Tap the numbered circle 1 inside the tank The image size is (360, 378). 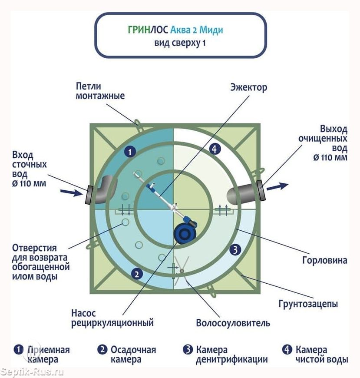130,152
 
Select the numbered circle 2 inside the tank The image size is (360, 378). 137,274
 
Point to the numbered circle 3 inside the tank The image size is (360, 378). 235,250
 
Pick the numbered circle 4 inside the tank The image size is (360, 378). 215,149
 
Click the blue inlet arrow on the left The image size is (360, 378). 72,192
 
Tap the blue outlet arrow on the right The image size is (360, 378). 277,186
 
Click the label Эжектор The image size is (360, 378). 249,87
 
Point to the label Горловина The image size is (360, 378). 324,260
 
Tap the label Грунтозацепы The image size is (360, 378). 308,304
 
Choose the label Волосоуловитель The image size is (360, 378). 233,323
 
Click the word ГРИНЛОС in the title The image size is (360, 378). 148,30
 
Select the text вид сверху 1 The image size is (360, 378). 180,43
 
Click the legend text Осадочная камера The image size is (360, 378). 133,355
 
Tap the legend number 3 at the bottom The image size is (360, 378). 188,350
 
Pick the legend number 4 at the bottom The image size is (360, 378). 287,350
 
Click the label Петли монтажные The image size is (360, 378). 100,91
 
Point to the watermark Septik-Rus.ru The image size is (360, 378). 32,371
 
